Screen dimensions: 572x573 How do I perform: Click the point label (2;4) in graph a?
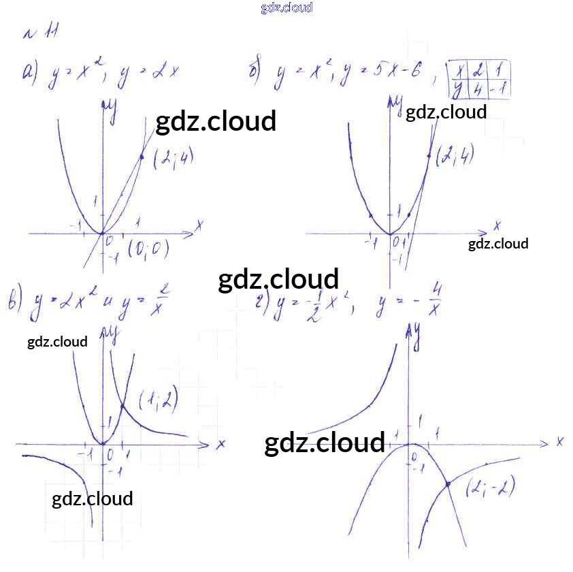click(173, 158)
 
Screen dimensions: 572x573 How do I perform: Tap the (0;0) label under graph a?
click(148, 249)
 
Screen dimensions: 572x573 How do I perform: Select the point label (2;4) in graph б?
click(455, 155)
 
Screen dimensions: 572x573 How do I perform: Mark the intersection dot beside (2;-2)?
click(448, 484)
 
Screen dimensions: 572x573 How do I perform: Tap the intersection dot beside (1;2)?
click(122, 407)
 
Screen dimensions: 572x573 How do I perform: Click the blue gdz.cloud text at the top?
click(286, 7)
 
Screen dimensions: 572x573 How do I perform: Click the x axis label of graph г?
click(559, 441)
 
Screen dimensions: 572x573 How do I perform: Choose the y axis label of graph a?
click(110, 110)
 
